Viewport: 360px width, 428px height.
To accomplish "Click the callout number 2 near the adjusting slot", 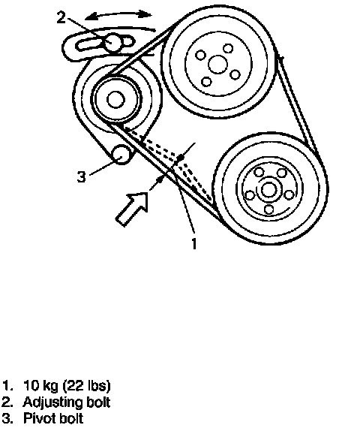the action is pos(61,17).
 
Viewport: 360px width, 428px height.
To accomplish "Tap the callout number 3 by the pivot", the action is pos(82,176).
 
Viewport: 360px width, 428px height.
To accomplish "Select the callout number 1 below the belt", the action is pos(194,243).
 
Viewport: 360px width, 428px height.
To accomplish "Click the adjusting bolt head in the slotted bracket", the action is pos(112,42).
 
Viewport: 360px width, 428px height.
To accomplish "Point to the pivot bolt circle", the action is pos(121,154).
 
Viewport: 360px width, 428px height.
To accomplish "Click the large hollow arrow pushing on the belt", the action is pos(132,209).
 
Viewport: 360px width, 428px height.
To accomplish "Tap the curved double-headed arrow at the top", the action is pos(118,14).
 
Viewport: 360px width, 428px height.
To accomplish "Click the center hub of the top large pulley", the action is pos(217,64).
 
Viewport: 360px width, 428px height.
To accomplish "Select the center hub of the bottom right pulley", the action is pos(269,190).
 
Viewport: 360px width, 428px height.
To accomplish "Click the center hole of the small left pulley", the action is pos(116,100).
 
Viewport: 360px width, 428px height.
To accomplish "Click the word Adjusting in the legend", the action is pos(52,402).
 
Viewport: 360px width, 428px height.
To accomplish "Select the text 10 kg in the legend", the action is pos(40,386).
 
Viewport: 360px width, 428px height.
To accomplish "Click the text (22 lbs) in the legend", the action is pos(87,386).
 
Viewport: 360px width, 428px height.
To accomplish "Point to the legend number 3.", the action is pos(6,418).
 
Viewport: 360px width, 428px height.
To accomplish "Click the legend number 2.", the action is pos(6,402).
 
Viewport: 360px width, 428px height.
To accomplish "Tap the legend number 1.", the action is pos(6,386).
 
